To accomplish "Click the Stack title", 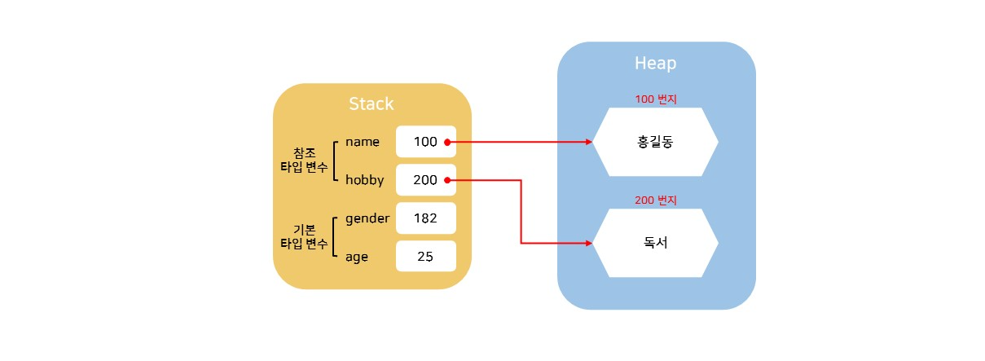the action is pyautogui.click(x=371, y=104).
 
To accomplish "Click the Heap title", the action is pyautogui.click(x=655, y=64).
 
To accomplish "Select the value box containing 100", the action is pyautogui.click(x=425, y=142).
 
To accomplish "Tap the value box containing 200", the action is pyautogui.click(x=425, y=180).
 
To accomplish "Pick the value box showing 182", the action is pyautogui.click(x=425, y=218).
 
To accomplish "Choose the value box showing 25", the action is pyautogui.click(x=425, y=257).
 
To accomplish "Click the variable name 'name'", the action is pyautogui.click(x=363, y=142).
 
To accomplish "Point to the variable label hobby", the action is pyautogui.click(x=364, y=180).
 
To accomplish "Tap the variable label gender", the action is pyautogui.click(x=367, y=218).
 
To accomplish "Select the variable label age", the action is pyautogui.click(x=357, y=257).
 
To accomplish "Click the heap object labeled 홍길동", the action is pyautogui.click(x=655, y=142).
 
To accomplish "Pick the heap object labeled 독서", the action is pyautogui.click(x=655, y=243).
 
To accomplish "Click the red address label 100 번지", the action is pyautogui.click(x=655, y=99).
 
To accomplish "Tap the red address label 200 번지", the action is pyautogui.click(x=655, y=200).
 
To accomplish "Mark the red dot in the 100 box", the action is pyautogui.click(x=448, y=142).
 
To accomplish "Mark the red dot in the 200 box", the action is pyautogui.click(x=448, y=180).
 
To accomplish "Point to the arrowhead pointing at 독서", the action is pyautogui.click(x=588, y=243).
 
